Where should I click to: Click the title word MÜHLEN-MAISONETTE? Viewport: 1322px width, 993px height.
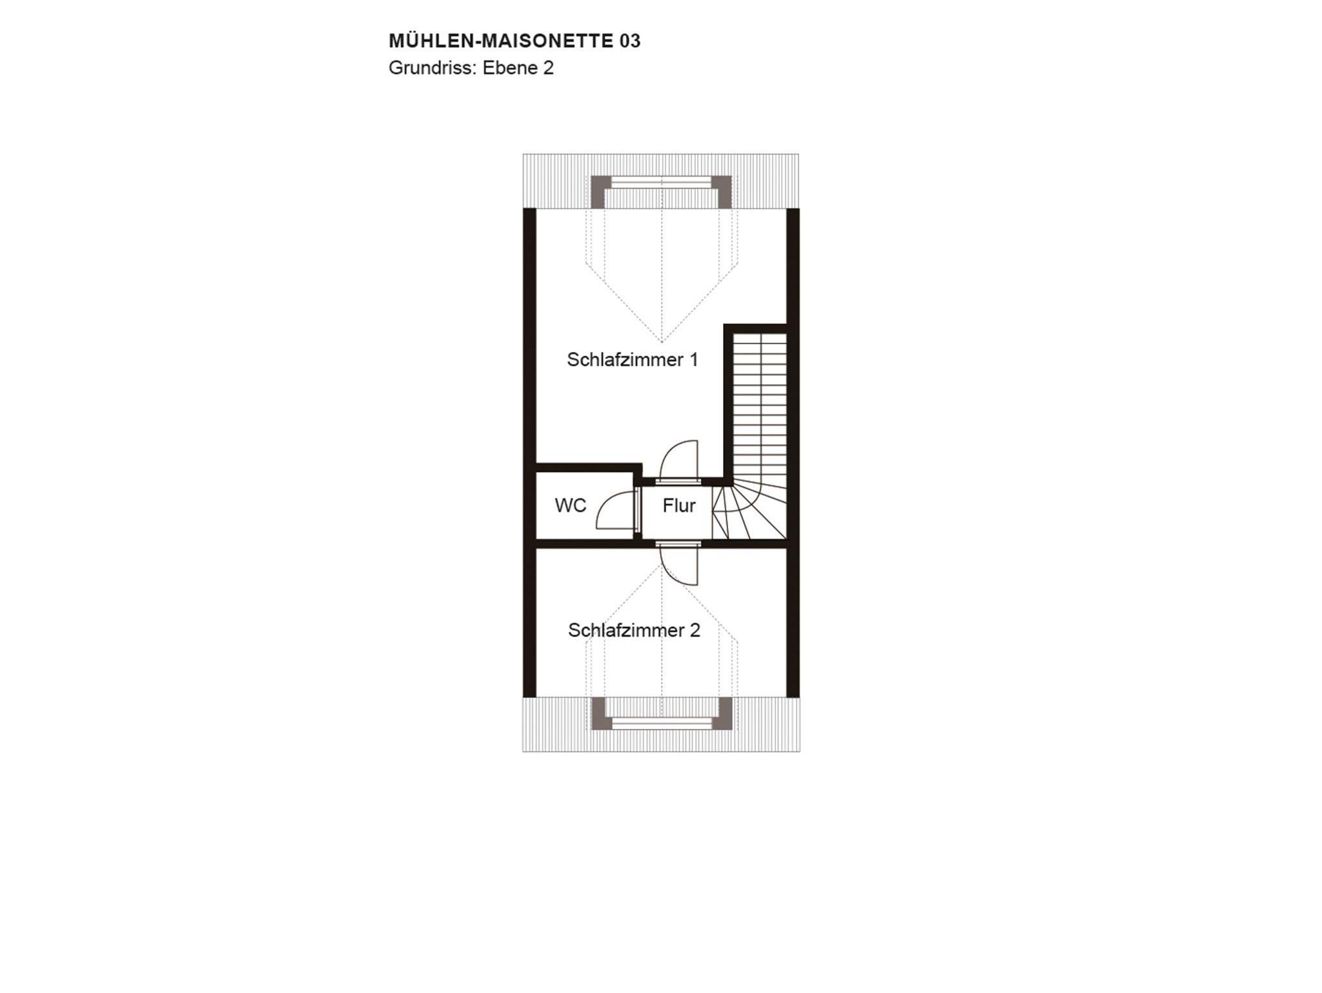501,41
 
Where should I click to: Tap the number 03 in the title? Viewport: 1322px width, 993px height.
630,41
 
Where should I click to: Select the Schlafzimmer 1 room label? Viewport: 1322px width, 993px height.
633,360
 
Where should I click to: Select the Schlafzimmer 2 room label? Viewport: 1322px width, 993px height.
634,630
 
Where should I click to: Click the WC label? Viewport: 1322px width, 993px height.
571,506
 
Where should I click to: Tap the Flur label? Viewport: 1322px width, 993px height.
679,506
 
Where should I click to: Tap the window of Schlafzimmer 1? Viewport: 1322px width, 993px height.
662,183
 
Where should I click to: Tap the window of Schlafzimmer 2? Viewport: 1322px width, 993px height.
662,724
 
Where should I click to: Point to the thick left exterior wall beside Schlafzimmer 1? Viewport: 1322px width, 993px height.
529,336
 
